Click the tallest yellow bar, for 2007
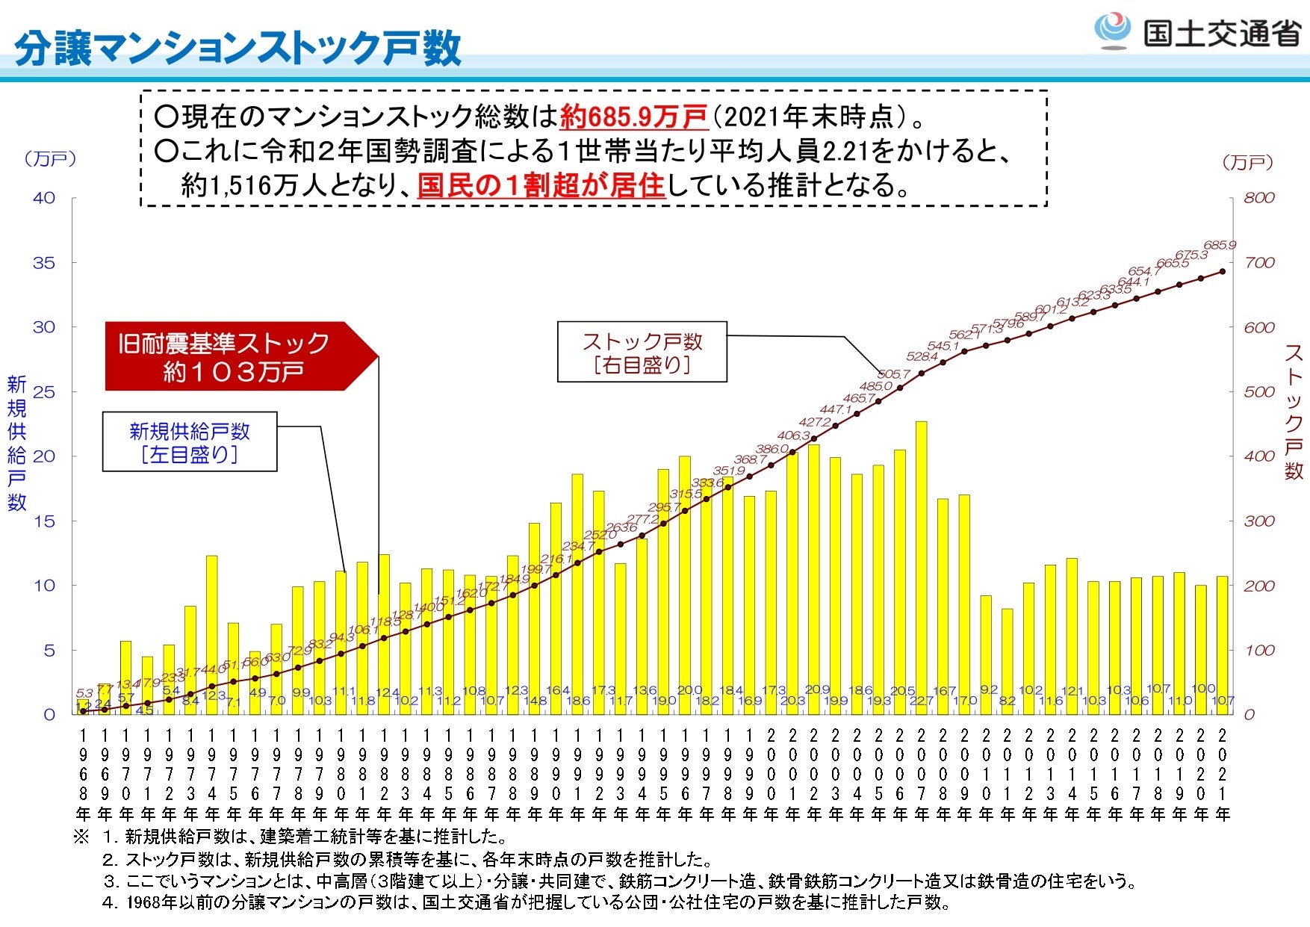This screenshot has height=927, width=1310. tap(921, 568)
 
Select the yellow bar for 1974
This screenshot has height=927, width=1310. tap(212, 635)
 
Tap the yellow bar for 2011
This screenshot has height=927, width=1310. tap(1008, 661)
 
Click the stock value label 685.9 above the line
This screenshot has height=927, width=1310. tap(1220, 245)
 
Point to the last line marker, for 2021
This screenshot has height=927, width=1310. tap(1223, 271)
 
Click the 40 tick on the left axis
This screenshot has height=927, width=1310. tap(44, 198)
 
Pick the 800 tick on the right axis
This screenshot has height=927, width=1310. tap(1259, 198)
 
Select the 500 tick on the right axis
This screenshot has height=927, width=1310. tap(1259, 391)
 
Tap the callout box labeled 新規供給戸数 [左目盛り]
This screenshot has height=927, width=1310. tap(190, 441)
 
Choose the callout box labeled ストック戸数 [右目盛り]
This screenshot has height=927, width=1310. tap(642, 353)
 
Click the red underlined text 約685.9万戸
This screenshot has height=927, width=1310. tap(633, 117)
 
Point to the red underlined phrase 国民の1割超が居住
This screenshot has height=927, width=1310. tap(541, 185)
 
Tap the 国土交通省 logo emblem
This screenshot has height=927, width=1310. tap(1112, 30)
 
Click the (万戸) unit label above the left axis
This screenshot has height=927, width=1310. tap(51, 159)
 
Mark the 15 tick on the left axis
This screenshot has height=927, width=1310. tap(44, 521)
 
